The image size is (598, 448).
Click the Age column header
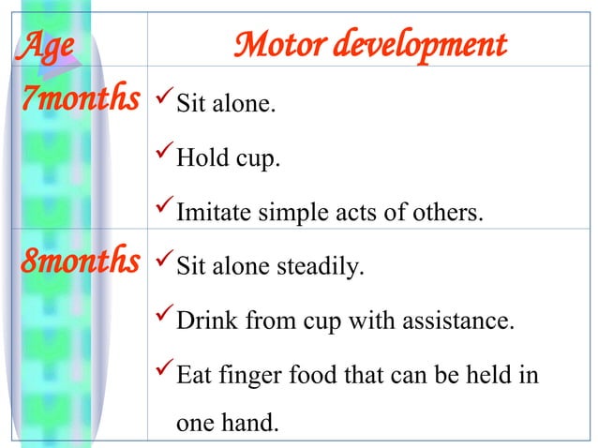44,44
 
